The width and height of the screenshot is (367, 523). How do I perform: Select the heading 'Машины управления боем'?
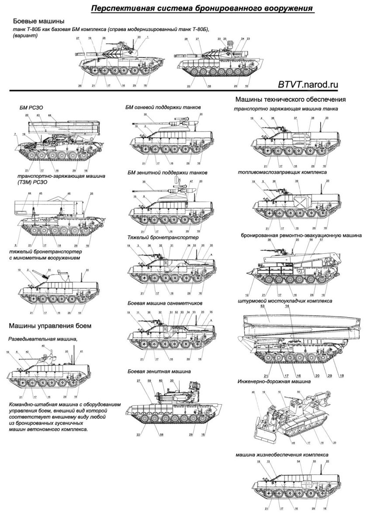pos(50,326)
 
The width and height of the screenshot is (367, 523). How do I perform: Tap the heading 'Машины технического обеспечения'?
pos(291,99)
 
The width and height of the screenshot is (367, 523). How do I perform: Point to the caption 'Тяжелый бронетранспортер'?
pos(163,237)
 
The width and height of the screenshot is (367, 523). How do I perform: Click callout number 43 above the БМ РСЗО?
pos(38,115)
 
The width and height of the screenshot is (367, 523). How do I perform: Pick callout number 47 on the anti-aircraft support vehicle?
pos(191,181)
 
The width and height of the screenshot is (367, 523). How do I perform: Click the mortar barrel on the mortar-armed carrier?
pos(45,274)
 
